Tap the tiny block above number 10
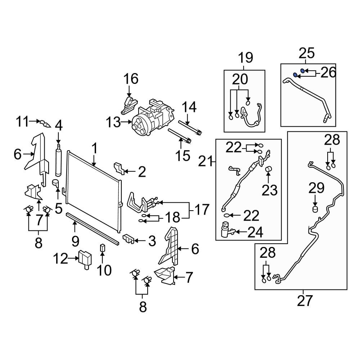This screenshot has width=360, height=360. (102, 247)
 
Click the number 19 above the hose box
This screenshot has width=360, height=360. (245, 58)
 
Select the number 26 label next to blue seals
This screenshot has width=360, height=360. (328, 72)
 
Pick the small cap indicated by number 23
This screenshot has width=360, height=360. (268, 170)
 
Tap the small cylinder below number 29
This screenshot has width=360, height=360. (315, 210)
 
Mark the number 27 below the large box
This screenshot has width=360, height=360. (305, 300)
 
